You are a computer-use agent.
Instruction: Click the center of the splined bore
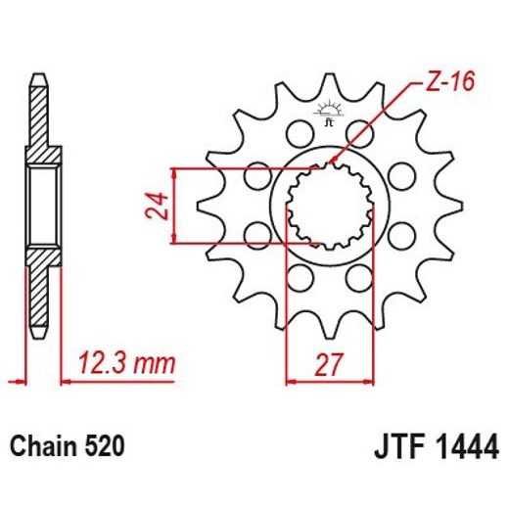click(330, 207)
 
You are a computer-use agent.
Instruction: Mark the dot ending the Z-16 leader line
click(336, 161)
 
